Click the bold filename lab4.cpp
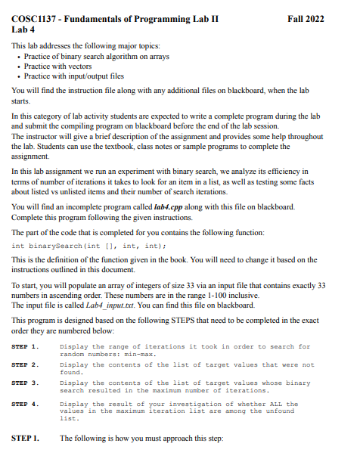[x=169, y=206]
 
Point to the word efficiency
[x=297, y=172]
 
